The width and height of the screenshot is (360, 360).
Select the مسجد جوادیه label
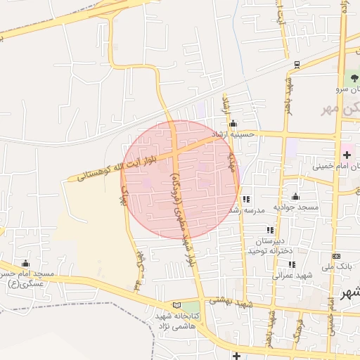pos(297,207)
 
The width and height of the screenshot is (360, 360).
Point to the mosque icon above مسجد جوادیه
pos(295,197)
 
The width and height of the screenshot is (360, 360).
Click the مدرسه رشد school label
pos(245,210)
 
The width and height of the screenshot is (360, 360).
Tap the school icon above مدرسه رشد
pos(246,200)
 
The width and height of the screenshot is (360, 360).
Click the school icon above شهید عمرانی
pos(291,264)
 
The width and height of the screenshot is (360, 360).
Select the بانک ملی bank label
pos(336,267)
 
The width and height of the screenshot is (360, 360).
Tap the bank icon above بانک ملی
pos(336,256)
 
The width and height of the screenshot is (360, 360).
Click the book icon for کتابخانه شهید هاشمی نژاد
pos(176,304)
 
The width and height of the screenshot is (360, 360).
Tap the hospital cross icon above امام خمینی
pos(347,154)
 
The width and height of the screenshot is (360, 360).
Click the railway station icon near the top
pos(297,64)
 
